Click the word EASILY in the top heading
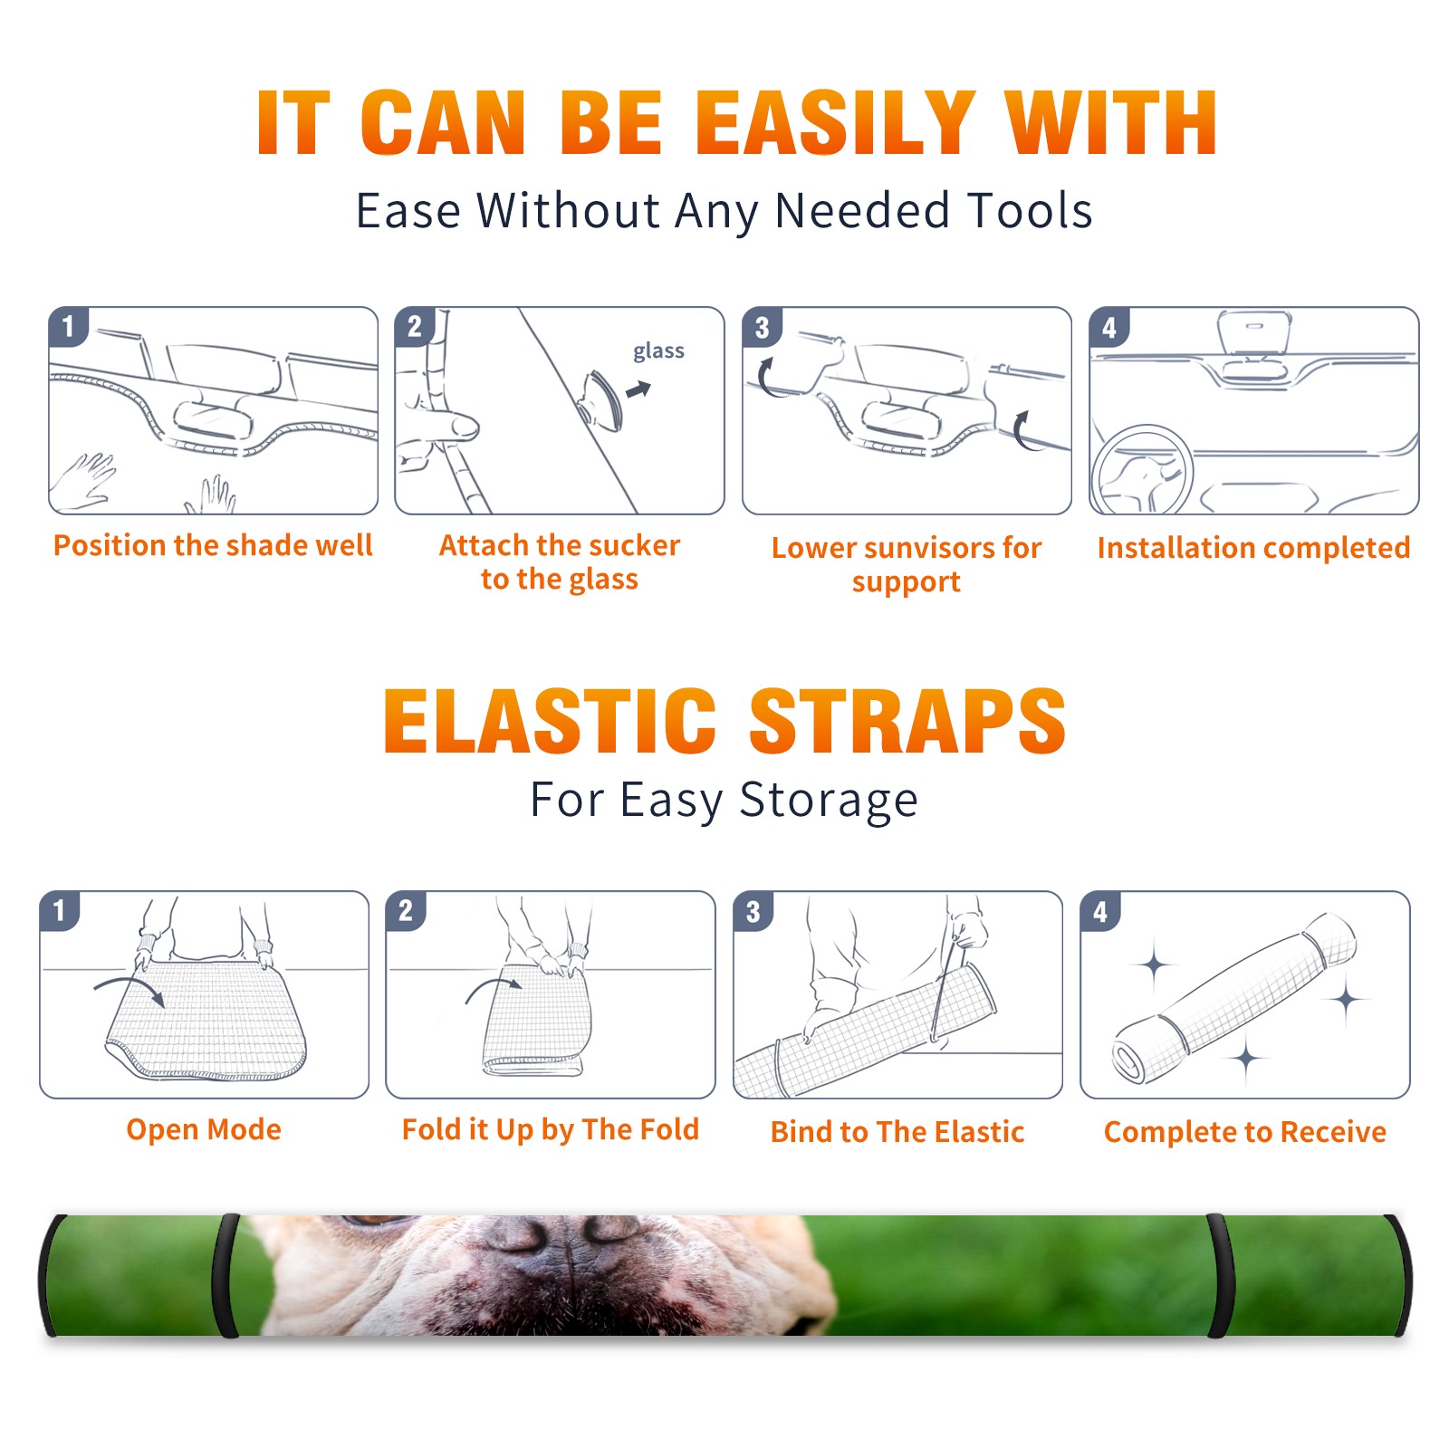pyautogui.click(x=836, y=123)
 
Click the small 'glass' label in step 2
pyautogui.click(x=658, y=350)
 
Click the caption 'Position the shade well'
pyautogui.click(x=213, y=545)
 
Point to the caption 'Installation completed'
pyautogui.click(x=1253, y=548)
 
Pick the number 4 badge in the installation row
pyautogui.click(x=1109, y=327)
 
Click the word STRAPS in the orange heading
pyautogui.click(x=907, y=721)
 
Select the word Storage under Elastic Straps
pyautogui.click(x=829, y=801)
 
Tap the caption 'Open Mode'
pyautogui.click(x=204, y=1129)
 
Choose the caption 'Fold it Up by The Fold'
pyautogui.click(x=551, y=1129)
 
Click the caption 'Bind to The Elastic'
pyautogui.click(x=897, y=1132)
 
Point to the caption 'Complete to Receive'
pyautogui.click(x=1245, y=1132)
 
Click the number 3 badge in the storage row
pyautogui.click(x=753, y=911)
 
